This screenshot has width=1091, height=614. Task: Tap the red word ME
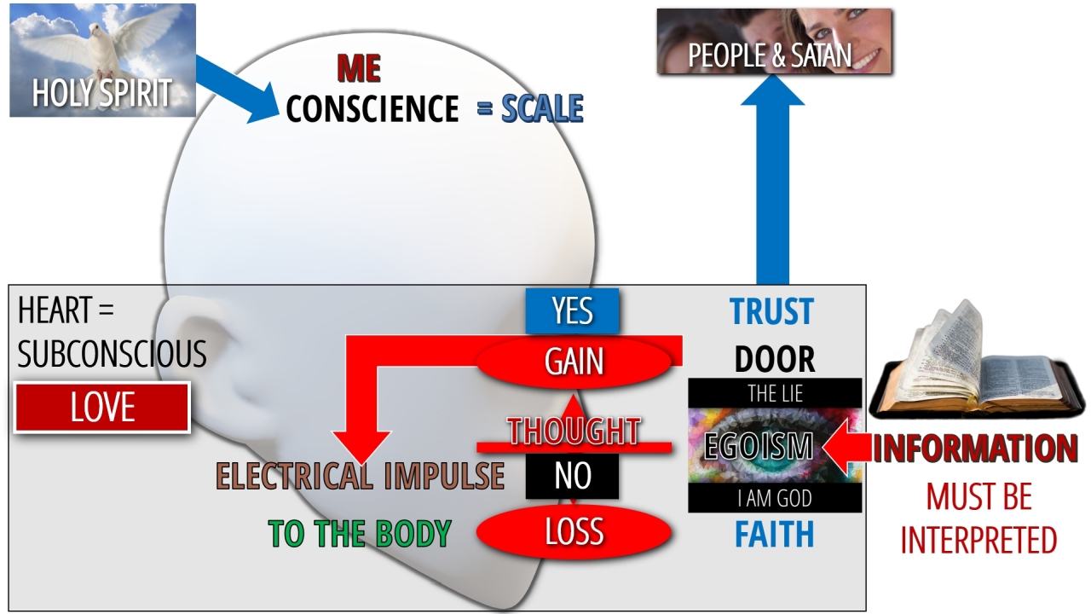tap(359, 68)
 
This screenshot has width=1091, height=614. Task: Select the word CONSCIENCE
tap(372, 108)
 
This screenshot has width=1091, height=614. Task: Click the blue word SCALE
tap(542, 107)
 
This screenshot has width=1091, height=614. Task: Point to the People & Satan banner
tap(775, 42)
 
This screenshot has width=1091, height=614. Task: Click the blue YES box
tap(572, 311)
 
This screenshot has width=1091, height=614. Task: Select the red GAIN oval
tap(574, 362)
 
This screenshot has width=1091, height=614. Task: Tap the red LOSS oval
tap(574, 531)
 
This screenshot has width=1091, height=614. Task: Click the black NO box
tap(572, 476)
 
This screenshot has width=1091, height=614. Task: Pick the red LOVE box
tap(102, 408)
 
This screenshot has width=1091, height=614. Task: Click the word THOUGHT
tap(574, 431)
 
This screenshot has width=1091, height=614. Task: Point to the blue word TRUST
tap(771, 311)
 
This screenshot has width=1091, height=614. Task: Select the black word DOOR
tap(775, 360)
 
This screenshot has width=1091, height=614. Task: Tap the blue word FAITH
tap(775, 534)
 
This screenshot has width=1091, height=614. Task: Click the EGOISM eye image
tap(775, 445)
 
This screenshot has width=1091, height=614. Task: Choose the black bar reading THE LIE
tap(775, 393)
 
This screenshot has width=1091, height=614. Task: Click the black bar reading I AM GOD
tap(775, 498)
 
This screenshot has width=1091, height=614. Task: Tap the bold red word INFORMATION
tap(974, 448)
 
